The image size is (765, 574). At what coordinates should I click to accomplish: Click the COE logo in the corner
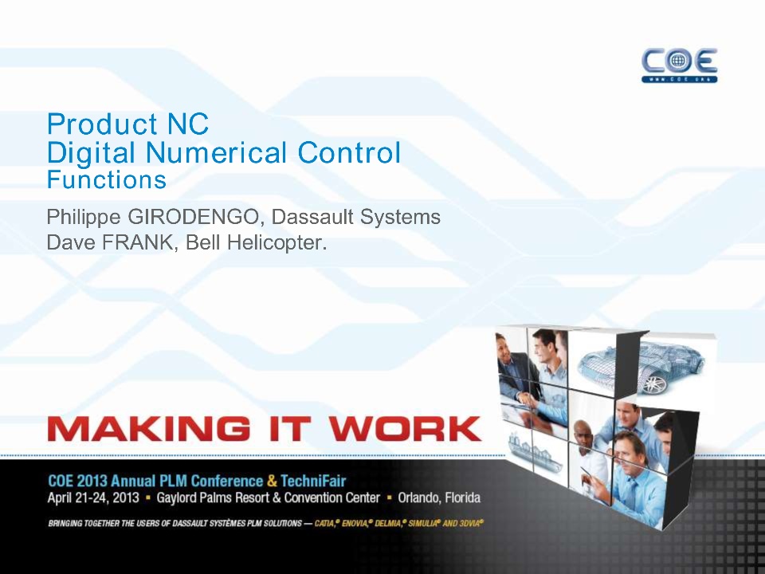click(x=679, y=65)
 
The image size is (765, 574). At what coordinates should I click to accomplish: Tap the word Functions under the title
click(x=106, y=179)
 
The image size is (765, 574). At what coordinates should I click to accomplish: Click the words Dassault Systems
click(x=355, y=217)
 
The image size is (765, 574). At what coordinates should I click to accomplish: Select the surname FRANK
click(x=137, y=242)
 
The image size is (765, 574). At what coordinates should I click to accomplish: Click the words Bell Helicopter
click(x=256, y=242)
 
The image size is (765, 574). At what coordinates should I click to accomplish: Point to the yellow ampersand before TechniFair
click(x=272, y=481)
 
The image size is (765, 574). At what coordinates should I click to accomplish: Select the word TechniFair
click(x=313, y=481)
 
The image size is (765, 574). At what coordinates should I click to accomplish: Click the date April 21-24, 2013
click(x=93, y=497)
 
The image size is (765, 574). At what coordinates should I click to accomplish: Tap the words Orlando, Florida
click(x=439, y=497)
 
